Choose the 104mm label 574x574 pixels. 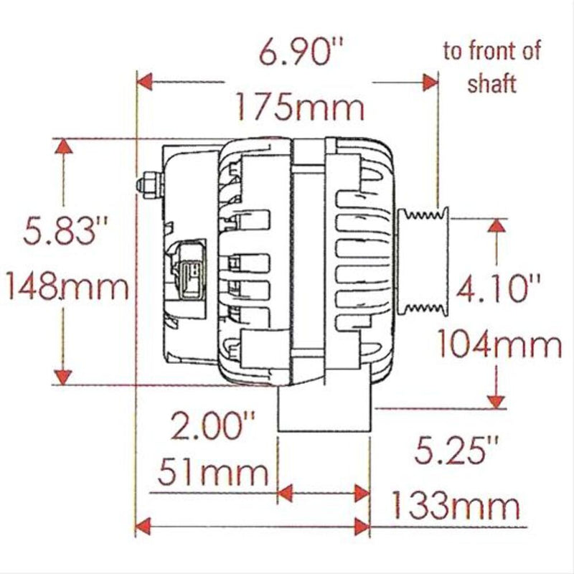(x=500, y=346)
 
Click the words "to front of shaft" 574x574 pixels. (x=491, y=67)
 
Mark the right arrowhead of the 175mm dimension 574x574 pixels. (x=430, y=82)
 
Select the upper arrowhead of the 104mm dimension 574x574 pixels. (x=496, y=227)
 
